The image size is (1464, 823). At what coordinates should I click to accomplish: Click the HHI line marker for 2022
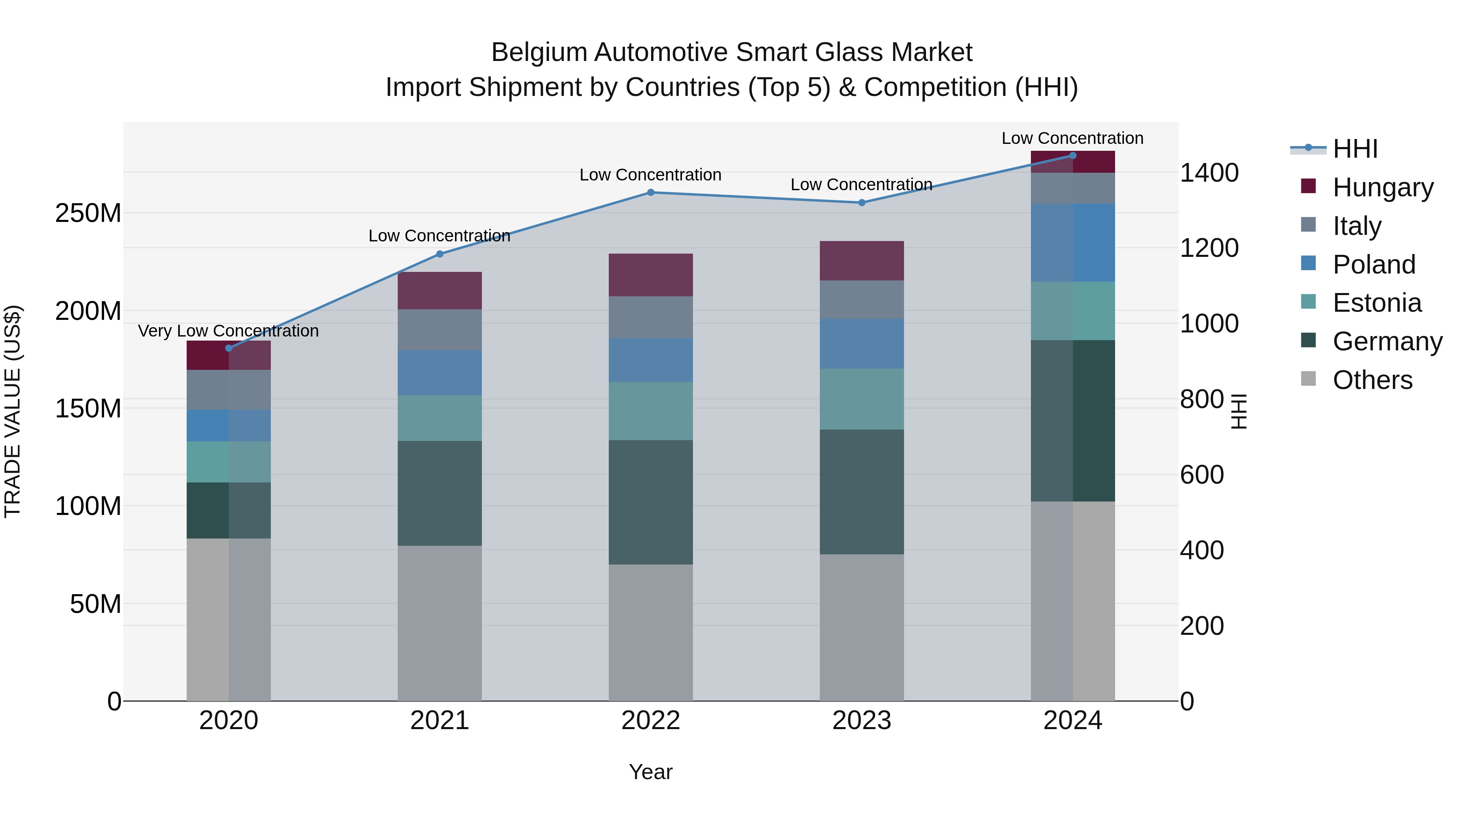(x=651, y=193)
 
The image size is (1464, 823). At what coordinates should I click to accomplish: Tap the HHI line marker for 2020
(x=229, y=348)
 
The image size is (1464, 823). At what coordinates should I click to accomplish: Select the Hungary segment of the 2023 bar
(x=862, y=261)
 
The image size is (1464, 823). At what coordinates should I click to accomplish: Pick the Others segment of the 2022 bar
(x=651, y=632)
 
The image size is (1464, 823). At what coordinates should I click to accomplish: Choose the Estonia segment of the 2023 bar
(x=862, y=399)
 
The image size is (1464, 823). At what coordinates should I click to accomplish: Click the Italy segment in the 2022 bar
(x=651, y=317)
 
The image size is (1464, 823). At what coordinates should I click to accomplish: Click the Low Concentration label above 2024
(x=1072, y=138)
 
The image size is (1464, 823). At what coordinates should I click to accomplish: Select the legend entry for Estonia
(x=1377, y=303)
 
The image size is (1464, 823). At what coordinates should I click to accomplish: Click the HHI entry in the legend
(x=1355, y=149)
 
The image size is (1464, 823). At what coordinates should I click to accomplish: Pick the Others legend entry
(x=1372, y=380)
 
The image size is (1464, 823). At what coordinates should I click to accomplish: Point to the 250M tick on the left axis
(x=88, y=213)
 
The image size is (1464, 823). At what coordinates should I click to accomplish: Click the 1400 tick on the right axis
(x=1209, y=173)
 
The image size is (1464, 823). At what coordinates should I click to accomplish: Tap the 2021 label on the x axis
(x=439, y=721)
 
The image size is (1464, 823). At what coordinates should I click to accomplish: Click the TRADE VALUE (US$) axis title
(x=13, y=411)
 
